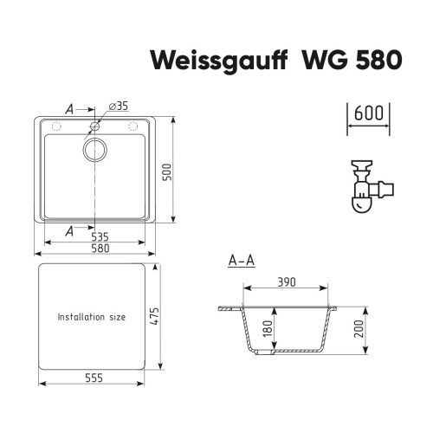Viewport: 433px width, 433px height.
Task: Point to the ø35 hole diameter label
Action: click(x=119, y=107)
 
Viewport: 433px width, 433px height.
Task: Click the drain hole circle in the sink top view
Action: click(x=94, y=148)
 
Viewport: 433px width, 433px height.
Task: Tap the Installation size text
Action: click(x=92, y=317)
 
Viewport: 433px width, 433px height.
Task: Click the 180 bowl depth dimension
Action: click(x=267, y=329)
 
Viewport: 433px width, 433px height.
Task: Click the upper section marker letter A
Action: click(x=69, y=109)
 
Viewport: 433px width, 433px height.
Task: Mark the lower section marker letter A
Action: click(x=69, y=230)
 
